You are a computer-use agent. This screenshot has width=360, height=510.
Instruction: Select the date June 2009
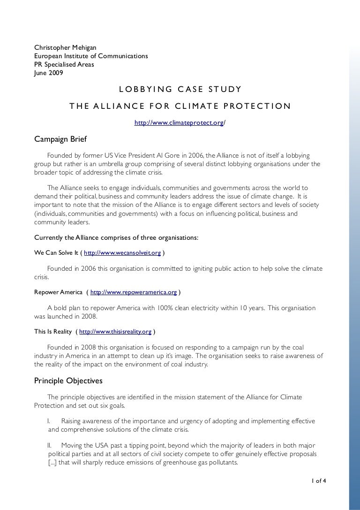click(x=49, y=73)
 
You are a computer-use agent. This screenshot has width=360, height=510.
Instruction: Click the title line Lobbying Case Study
click(x=180, y=89)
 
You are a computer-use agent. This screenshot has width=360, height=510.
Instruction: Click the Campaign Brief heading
click(x=60, y=139)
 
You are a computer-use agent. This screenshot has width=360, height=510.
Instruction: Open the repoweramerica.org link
click(x=134, y=292)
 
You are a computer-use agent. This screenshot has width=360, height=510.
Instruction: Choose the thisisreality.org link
click(x=115, y=332)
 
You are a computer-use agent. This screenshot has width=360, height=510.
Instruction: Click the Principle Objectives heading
click(x=68, y=381)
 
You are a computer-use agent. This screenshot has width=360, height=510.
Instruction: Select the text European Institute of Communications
click(x=91, y=56)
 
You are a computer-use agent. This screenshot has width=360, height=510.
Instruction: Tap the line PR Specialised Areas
click(x=64, y=65)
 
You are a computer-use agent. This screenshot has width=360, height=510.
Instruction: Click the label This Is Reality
click(x=53, y=332)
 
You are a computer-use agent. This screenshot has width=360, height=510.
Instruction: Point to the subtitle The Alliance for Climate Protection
click(x=180, y=106)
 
